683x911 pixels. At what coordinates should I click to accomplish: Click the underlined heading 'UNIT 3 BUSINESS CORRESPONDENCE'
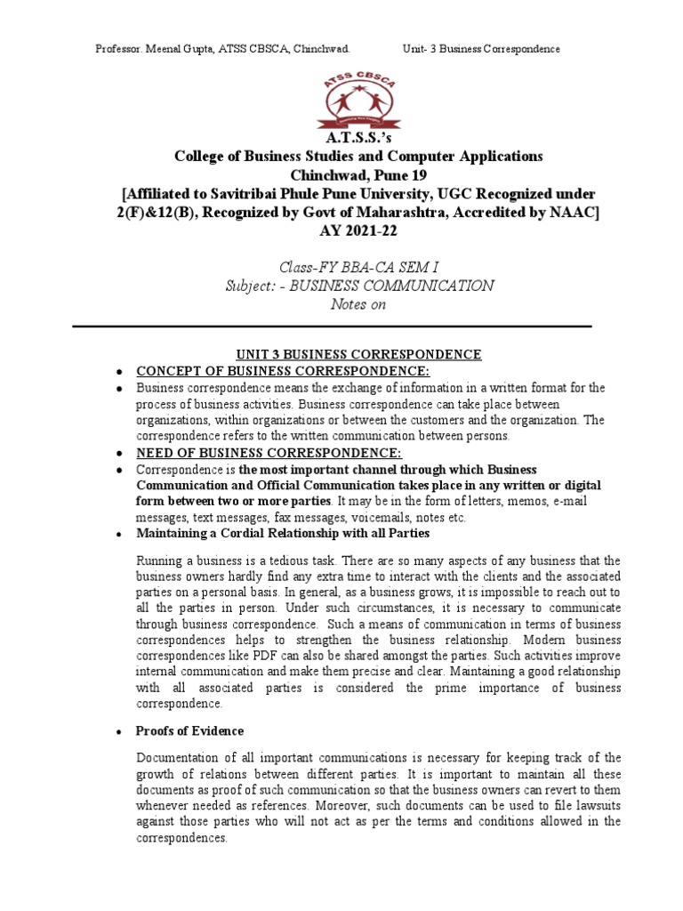tap(347, 354)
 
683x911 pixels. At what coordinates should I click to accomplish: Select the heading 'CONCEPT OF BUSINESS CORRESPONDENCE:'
tap(283, 371)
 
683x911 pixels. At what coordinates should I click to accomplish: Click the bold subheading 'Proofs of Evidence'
tap(189, 730)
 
